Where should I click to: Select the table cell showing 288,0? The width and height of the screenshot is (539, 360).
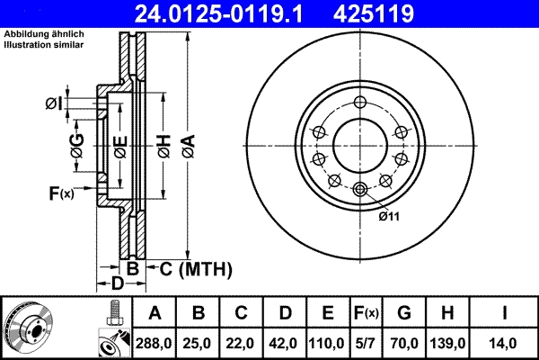tap(155, 343)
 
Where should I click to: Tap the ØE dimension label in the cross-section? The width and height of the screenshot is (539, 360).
tap(119, 146)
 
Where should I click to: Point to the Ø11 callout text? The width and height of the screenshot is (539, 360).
tap(389, 216)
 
